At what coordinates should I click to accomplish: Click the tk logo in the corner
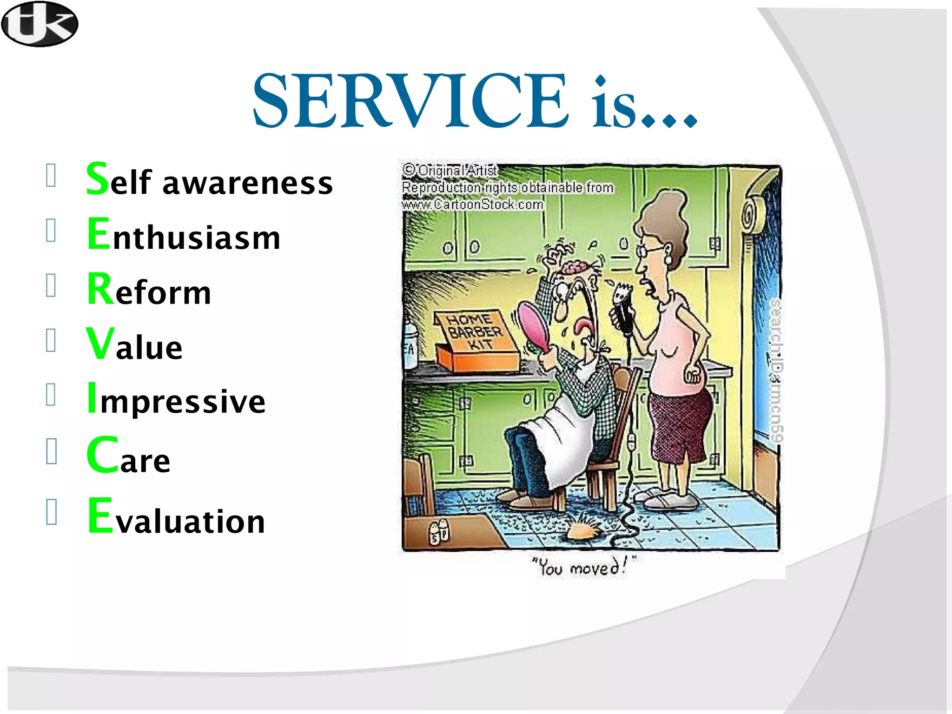(40, 24)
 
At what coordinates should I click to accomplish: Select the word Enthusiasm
(184, 235)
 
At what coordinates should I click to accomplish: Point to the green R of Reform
(100, 289)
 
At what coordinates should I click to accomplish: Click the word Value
(134, 345)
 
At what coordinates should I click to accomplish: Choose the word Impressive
(177, 399)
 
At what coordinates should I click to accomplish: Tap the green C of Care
(102, 455)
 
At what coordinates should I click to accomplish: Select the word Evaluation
(177, 517)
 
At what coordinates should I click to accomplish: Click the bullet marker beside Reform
(51, 284)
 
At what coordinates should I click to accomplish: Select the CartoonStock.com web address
(472, 205)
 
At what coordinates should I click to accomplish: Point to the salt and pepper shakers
(439, 531)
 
